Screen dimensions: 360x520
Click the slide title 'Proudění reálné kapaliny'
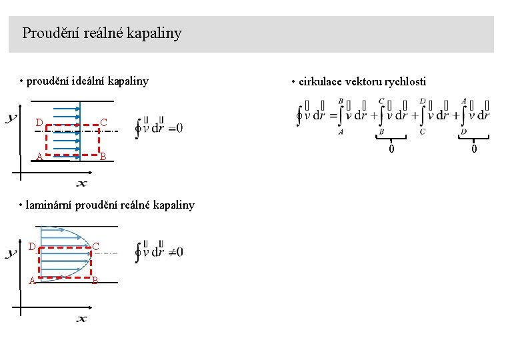coord(101,33)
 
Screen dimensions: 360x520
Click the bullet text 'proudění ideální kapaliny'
coord(87,81)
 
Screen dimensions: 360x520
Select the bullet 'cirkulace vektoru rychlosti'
coord(362,82)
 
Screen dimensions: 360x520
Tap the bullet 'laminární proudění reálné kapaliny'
coord(110,205)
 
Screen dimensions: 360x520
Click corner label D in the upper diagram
coord(39,123)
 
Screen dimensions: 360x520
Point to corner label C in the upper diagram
coord(103,123)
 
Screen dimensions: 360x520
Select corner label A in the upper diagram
coord(39,157)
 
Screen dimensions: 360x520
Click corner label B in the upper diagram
coord(103,157)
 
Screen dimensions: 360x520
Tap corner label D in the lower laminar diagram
coord(32,247)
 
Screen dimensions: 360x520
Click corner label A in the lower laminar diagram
coord(32,281)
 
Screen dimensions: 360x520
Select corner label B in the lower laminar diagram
coord(95,281)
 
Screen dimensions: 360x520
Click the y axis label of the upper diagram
coord(11,119)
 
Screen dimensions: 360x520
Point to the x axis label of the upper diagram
coord(81,183)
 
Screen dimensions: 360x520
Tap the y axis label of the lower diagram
coord(11,254)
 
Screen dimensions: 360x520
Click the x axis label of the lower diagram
coord(81,319)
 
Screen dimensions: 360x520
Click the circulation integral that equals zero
coord(159,127)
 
